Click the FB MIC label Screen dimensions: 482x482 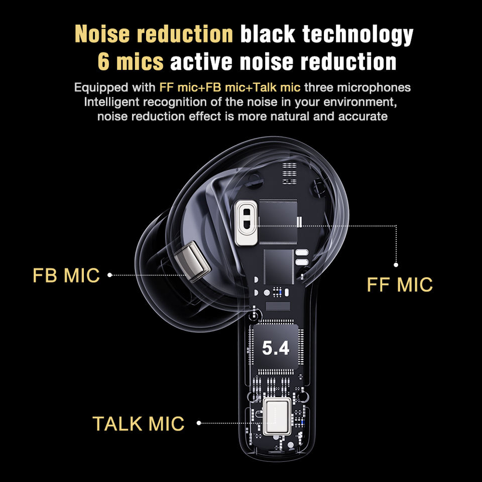[66, 275]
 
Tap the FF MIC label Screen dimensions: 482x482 [400, 285]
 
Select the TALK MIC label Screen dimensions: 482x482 [139, 423]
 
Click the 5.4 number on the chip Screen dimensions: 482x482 [276, 347]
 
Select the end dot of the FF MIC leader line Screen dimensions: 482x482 [396, 264]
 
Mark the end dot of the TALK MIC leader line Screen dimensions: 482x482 [199, 423]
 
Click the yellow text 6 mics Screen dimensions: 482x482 [131, 62]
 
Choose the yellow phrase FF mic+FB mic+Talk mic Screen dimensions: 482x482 [230, 88]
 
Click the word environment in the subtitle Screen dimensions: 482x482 [354, 102]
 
